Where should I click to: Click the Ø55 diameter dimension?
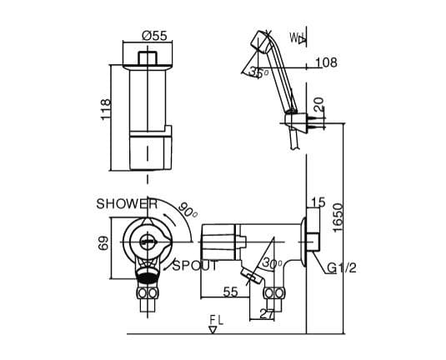[x=154, y=35]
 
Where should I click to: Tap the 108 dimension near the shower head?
[x=327, y=62]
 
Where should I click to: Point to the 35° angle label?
[x=259, y=72]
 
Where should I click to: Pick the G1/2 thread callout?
[x=342, y=268]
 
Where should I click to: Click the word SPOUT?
[x=194, y=266]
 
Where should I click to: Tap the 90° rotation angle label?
[x=188, y=210]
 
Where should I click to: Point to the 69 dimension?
[x=104, y=244]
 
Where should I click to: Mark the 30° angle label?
[x=272, y=262]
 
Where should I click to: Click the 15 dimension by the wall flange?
[x=318, y=202]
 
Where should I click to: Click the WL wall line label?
[x=297, y=38]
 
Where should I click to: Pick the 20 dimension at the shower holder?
[x=318, y=105]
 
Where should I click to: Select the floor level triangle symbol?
[x=214, y=329]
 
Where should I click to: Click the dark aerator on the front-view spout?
[x=147, y=273]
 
